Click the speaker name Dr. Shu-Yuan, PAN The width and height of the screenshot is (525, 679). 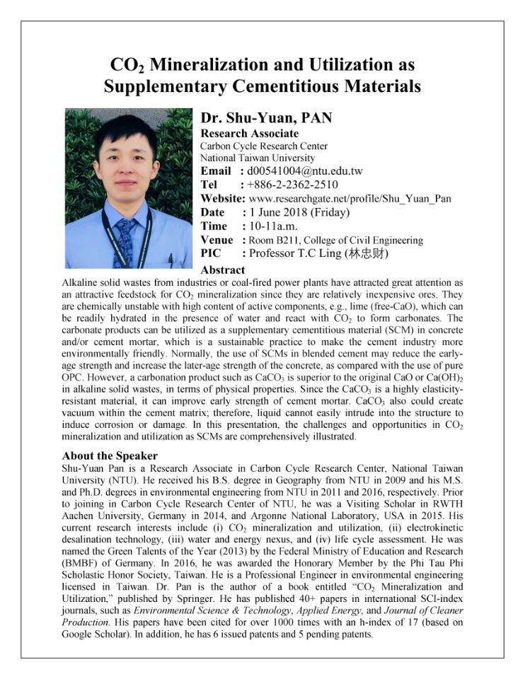point(266,118)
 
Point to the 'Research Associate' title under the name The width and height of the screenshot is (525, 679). point(249,134)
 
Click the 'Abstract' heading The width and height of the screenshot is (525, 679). point(223,269)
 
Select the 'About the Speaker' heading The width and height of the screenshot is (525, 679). point(110,455)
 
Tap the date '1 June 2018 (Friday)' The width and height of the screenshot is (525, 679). point(299,212)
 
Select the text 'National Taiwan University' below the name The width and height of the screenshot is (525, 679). point(258,158)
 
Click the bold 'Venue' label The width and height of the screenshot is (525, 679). point(217,240)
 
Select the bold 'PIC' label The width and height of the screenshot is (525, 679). point(212,253)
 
